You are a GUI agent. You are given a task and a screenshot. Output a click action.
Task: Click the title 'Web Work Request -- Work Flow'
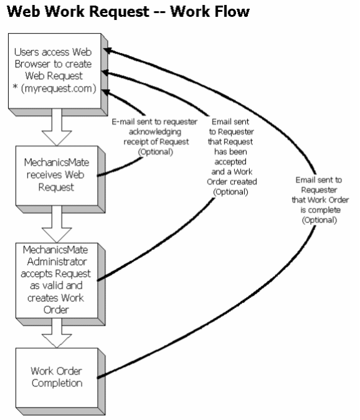point(128,12)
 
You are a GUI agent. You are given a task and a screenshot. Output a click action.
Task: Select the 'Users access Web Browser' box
point(58,74)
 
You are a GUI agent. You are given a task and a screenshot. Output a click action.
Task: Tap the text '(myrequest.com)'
point(59,88)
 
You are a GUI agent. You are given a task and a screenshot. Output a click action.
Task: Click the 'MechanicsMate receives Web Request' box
point(60,179)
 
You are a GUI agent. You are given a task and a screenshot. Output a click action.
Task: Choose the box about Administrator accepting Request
point(60,284)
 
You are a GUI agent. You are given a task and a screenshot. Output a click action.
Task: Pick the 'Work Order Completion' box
point(60,382)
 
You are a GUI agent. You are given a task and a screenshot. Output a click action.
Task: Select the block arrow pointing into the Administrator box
point(57,224)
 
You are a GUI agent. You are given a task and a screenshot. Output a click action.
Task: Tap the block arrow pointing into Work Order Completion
point(57,333)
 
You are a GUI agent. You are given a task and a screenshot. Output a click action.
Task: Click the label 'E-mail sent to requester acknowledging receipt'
point(154,136)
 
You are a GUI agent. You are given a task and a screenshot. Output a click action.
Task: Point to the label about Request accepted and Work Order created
point(232,156)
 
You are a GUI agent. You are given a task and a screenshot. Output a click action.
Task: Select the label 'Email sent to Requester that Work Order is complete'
point(320,200)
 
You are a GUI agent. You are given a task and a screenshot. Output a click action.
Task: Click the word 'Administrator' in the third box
point(57,262)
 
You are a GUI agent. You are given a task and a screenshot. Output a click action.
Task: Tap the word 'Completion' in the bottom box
point(57,383)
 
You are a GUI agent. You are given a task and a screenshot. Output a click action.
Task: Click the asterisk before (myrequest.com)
point(15,87)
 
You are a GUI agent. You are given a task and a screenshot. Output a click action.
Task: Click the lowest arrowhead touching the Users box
point(107,92)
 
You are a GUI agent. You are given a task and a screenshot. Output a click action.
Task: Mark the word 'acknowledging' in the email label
point(155,131)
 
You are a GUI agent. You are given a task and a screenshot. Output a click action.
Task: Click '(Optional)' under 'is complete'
point(320,220)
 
